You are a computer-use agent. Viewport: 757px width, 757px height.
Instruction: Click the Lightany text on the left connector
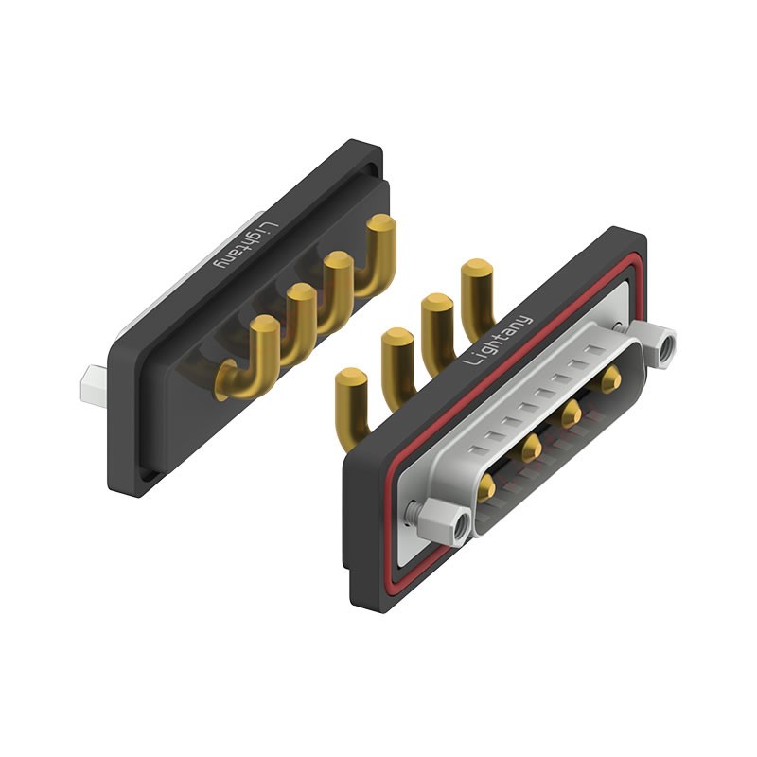coord(247,246)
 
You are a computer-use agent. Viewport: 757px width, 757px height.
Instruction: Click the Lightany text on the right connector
coord(497,340)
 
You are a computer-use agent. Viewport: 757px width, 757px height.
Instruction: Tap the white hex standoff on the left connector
coord(95,385)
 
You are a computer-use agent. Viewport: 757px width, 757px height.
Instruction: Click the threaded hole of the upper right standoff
coord(668,347)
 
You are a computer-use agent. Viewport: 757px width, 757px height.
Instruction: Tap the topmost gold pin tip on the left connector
coord(381,223)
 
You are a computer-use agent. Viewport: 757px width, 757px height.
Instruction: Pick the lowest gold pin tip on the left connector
coord(264,325)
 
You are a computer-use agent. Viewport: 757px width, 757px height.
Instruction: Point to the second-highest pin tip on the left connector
coord(340,261)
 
